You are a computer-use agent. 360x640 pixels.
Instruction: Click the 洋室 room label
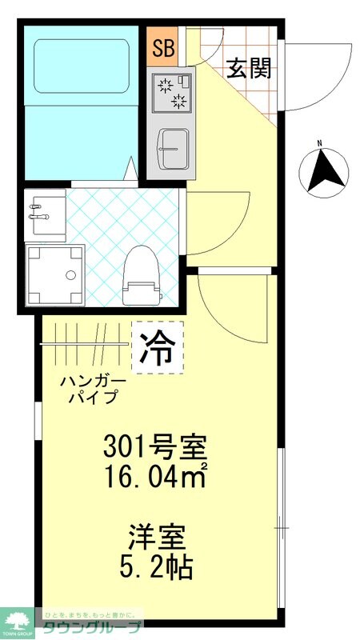(x=158, y=534)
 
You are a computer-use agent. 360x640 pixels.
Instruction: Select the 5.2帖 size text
(x=158, y=567)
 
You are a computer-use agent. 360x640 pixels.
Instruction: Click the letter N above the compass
(x=318, y=144)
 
